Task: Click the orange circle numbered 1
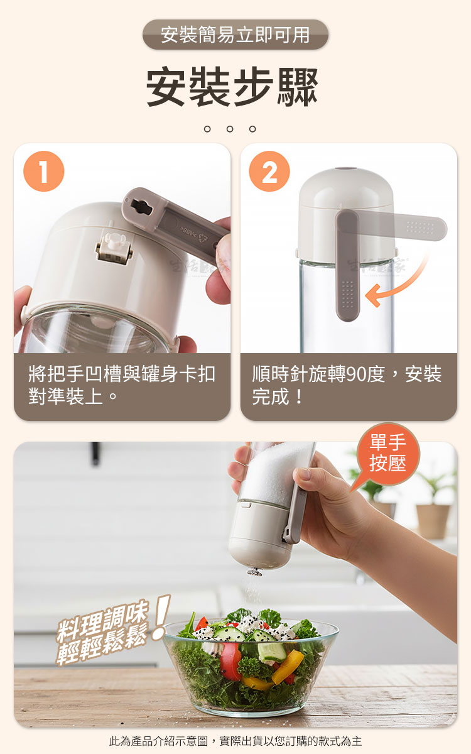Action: (44, 172)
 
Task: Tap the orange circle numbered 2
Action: (269, 172)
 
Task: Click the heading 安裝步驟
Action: (232, 87)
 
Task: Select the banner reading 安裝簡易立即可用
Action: (235, 35)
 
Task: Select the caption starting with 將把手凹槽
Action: (122, 385)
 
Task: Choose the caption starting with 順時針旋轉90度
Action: (347, 385)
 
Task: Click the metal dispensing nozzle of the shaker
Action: (255, 571)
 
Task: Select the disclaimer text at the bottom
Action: (235, 741)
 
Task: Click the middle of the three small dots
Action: (230, 129)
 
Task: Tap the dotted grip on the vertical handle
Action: (347, 295)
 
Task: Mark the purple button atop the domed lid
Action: (346, 168)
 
